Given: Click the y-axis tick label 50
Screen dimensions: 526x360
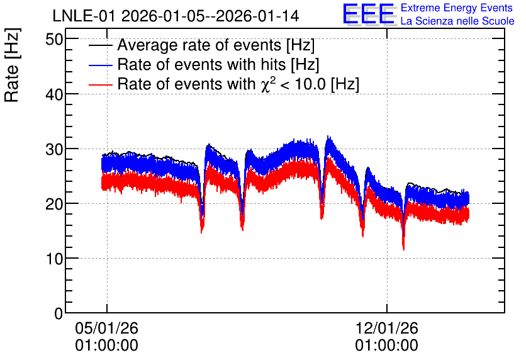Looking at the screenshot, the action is click(54, 40).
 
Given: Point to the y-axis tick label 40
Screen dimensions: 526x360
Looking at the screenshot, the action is click(54, 94).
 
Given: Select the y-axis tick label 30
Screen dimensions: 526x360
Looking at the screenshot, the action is click(54, 149).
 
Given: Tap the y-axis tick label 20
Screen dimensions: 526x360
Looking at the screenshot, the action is click(54, 204).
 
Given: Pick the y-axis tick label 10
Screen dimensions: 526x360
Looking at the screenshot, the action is click(54, 259).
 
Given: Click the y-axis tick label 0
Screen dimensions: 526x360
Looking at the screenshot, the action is click(59, 313).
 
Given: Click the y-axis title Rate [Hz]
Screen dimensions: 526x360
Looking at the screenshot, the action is click(12, 65).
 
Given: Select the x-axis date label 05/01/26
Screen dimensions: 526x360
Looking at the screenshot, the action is click(107, 328).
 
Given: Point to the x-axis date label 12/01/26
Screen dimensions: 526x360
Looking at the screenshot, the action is click(387, 328).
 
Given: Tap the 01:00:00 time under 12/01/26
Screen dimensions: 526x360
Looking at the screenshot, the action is click(387, 346).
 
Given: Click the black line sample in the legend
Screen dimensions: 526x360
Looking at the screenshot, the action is click(100, 45).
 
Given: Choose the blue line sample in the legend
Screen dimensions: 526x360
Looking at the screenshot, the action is click(100, 65).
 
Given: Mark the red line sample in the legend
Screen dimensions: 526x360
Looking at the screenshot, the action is click(100, 84).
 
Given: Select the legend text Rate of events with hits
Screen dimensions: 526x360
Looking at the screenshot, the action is click(202, 64).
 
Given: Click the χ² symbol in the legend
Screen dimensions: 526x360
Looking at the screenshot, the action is click(266, 84).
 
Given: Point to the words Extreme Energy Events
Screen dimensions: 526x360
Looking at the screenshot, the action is click(457, 8).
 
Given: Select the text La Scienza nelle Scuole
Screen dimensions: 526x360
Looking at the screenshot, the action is click(457, 21).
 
